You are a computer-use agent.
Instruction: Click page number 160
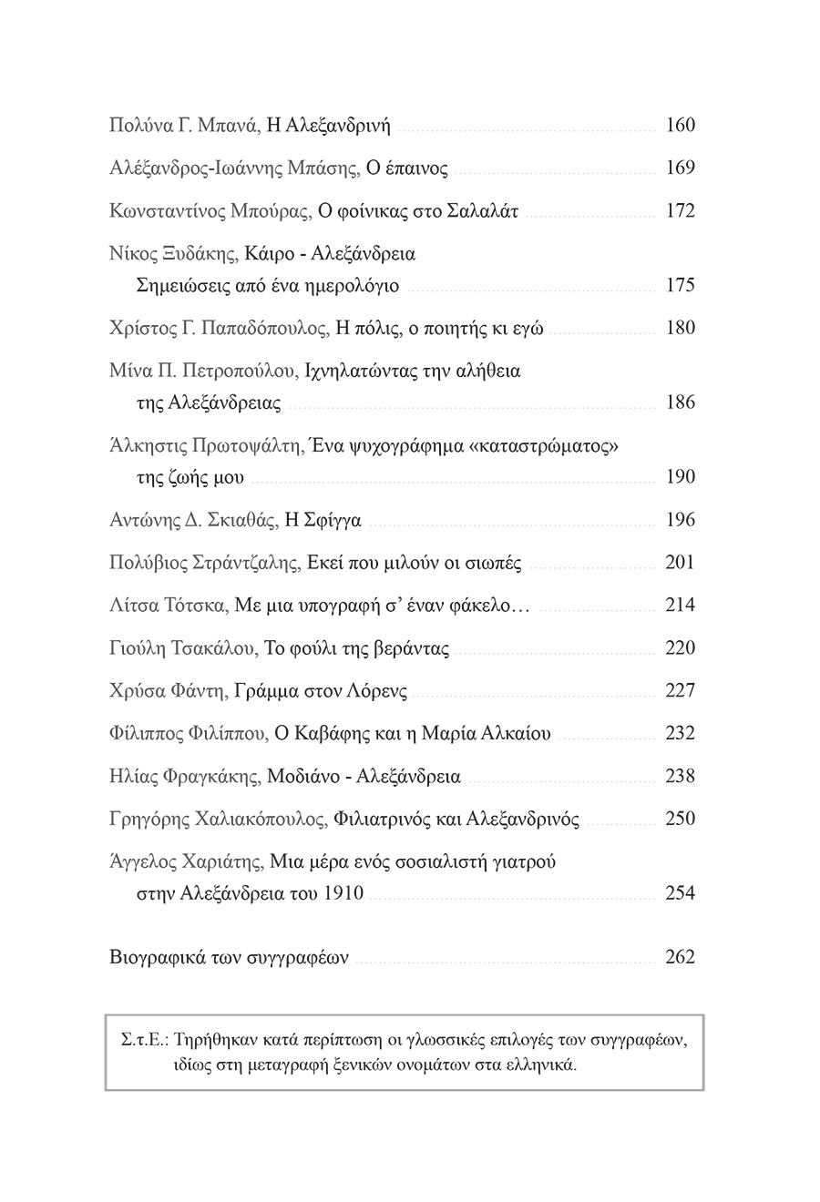[680, 125]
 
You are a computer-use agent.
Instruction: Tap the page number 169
[680, 168]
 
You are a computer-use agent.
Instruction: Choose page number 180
[680, 328]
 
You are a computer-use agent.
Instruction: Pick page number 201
[680, 563]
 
